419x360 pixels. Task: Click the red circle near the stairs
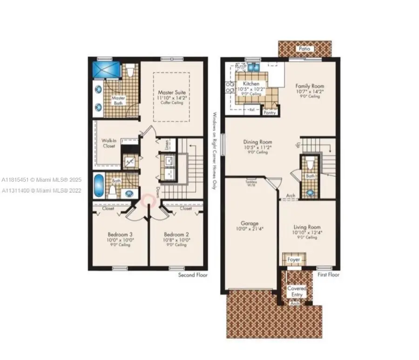coord(150,200)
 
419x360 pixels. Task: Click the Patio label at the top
coord(305,49)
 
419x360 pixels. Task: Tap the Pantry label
coord(270,113)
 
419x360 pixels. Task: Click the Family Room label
coord(310,86)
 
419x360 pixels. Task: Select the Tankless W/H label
coord(251,184)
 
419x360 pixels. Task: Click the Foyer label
coord(294,260)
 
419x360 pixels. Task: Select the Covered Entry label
coord(297,292)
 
